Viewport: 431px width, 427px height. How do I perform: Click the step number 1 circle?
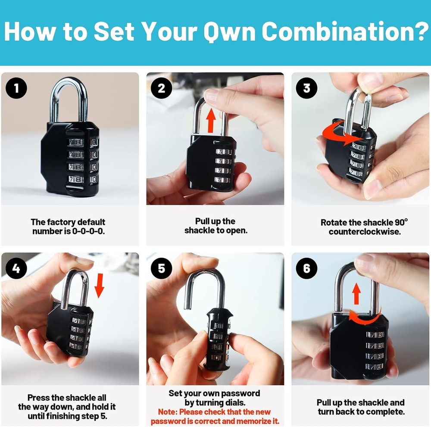(16, 89)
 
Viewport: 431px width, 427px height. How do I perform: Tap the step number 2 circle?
(162, 88)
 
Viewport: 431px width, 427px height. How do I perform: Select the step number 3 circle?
(307, 88)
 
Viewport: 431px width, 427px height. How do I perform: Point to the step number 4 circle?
(16, 269)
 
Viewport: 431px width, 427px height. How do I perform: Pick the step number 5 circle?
(162, 269)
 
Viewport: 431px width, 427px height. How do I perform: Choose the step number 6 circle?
(307, 269)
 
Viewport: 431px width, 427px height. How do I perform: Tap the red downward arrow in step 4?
(99, 285)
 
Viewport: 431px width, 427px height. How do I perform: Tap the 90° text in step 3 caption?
(401, 222)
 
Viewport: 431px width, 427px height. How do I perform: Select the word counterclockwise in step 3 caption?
(365, 232)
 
